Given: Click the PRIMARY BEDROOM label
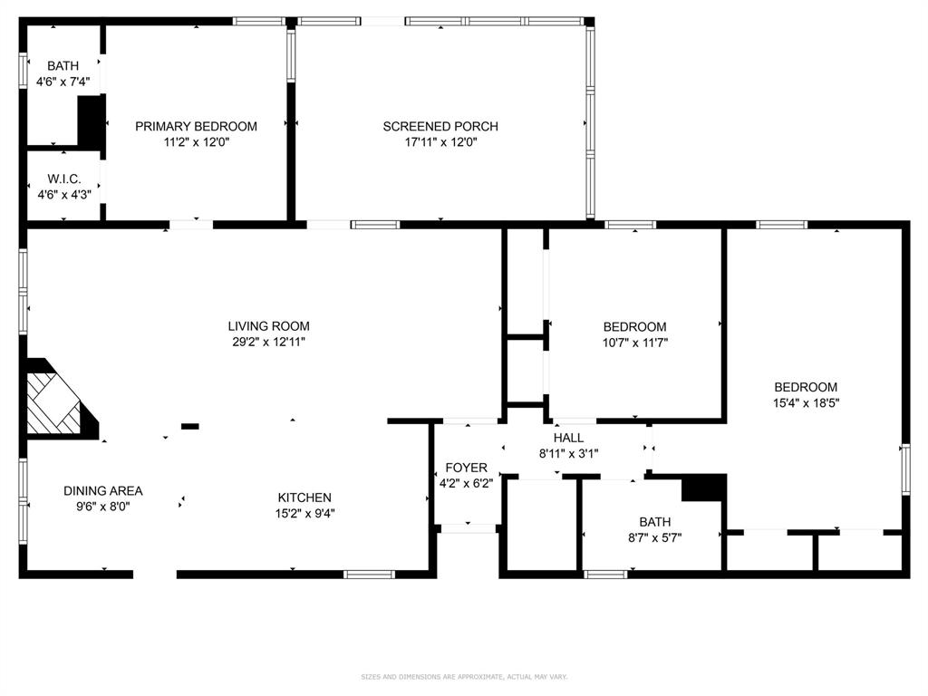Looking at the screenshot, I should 196,127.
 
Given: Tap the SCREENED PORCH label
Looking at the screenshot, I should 440,127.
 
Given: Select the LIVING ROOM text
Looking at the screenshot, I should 268,326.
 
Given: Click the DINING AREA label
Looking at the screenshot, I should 102,491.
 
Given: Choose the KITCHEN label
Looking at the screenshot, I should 304,498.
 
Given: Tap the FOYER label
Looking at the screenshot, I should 466,468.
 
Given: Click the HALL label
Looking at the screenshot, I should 568,438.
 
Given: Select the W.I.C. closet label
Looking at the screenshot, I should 64,178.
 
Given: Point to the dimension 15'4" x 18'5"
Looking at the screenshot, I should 805,403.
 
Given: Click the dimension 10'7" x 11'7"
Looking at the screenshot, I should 634,343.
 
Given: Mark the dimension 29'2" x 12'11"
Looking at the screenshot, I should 268,343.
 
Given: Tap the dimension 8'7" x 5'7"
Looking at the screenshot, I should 654,537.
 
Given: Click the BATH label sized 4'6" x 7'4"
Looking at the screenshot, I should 63,66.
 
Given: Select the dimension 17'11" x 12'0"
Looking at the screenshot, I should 440,142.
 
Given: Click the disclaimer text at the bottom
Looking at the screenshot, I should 464,676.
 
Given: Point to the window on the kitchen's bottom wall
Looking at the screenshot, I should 370,574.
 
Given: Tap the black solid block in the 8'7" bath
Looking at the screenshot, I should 705,488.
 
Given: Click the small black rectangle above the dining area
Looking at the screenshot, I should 190,425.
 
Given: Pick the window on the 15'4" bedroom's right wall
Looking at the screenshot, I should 904,469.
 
